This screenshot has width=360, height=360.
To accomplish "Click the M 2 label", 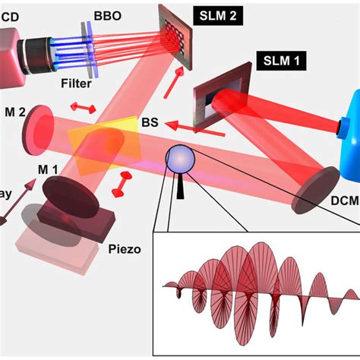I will click(x=13, y=111).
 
